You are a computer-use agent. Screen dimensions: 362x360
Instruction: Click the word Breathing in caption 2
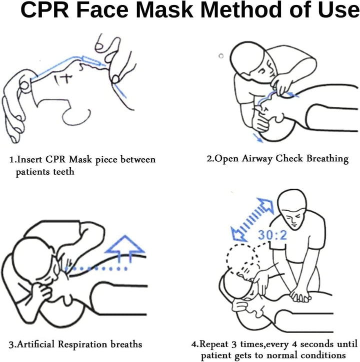(x=325, y=159)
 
